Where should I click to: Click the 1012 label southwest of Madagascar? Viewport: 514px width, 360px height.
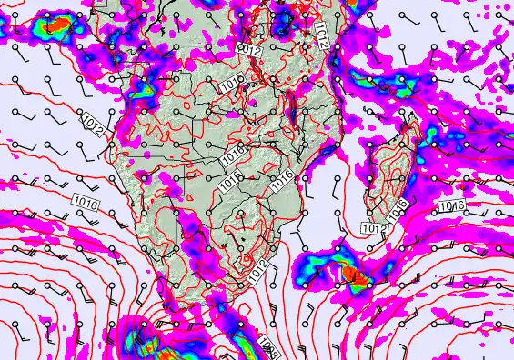pyautogui.click(x=374, y=227)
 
